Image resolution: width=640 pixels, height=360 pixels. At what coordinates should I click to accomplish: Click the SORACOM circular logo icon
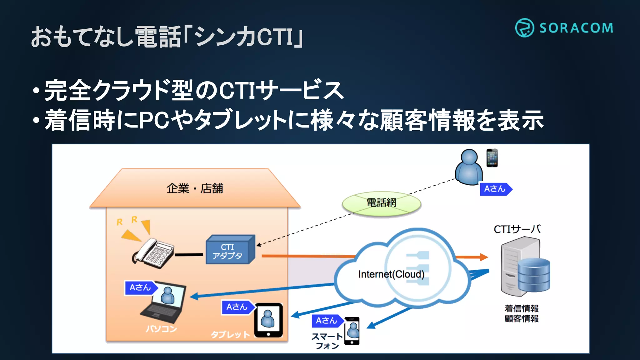coord(524,28)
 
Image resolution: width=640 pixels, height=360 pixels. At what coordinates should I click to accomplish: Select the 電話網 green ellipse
coord(381,203)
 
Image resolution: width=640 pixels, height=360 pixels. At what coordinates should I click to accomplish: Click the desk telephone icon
coord(153,253)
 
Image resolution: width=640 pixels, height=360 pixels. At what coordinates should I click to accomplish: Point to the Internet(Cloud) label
coord(391,274)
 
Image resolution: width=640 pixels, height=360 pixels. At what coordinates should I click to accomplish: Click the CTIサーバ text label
coord(517,229)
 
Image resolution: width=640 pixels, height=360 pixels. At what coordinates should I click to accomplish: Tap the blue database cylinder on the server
coord(534,275)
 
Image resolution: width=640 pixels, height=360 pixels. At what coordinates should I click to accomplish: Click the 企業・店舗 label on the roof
coord(195,188)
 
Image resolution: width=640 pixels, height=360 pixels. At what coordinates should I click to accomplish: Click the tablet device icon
coord(268,320)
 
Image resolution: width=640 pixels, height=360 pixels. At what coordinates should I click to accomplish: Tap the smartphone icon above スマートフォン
coord(352,331)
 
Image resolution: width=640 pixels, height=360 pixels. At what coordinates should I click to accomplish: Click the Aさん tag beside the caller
coord(495,189)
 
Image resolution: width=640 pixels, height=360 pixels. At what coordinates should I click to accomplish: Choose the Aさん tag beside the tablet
coord(237,307)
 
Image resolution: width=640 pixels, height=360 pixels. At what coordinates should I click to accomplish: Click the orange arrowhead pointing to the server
coord(483,257)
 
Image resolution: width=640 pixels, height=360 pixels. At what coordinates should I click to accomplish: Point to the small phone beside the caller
coord(492,158)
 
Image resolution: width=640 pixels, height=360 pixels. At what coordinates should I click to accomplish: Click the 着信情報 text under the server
coord(521,308)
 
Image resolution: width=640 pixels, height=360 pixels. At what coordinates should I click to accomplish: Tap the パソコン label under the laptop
coord(161,329)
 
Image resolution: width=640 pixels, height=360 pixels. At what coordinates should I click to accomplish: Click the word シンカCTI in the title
coord(244,37)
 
